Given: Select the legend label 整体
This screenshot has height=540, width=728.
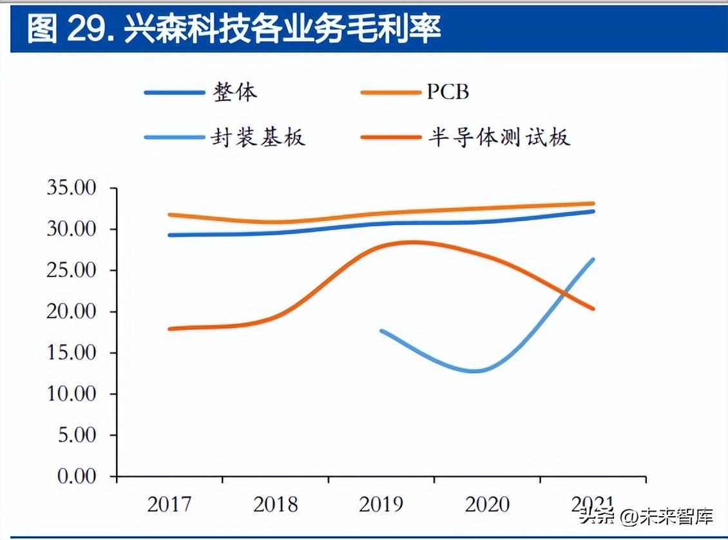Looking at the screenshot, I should (235, 92).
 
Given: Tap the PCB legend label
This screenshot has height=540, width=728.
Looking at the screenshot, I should (448, 92).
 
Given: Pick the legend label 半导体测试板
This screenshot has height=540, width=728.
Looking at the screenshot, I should (499, 137).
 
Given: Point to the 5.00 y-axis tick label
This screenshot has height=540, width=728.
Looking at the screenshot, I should (76, 436).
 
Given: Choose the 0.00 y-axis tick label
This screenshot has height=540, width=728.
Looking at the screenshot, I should (76, 477).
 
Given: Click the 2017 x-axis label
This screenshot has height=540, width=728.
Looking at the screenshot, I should (169, 504).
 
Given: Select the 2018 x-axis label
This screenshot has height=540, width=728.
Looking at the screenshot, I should (276, 504).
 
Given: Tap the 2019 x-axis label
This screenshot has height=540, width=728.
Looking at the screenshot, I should (381, 504).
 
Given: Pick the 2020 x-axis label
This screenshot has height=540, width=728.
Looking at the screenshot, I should (487, 504).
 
